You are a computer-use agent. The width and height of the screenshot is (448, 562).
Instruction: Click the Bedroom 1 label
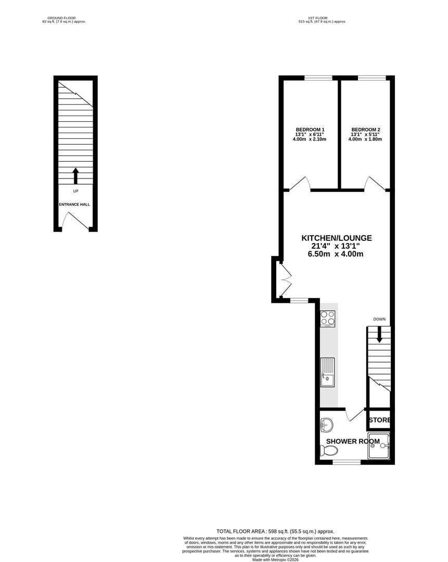310,130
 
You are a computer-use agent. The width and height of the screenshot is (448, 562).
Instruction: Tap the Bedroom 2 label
366,130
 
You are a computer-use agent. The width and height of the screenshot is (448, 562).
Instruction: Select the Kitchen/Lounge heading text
337,238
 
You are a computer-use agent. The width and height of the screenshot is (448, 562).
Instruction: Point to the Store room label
379,420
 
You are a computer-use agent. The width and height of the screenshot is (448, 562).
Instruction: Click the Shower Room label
353,441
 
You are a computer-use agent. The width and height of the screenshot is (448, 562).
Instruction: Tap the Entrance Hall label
74,205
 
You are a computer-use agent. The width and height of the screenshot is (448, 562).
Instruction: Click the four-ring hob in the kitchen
328,318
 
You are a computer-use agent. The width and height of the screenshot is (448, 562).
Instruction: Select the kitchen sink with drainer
328,372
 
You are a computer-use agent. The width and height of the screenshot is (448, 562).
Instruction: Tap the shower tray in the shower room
378,445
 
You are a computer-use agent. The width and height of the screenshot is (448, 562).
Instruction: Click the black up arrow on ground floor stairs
75,176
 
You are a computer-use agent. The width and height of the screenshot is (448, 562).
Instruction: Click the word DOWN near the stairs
379,319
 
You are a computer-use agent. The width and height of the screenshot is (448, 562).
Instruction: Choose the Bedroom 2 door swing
375,183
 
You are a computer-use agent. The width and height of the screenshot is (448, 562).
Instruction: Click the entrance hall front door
75,221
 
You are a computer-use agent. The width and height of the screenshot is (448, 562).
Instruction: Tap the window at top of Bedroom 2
372,78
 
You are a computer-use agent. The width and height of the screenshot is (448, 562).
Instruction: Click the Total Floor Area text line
275,531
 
